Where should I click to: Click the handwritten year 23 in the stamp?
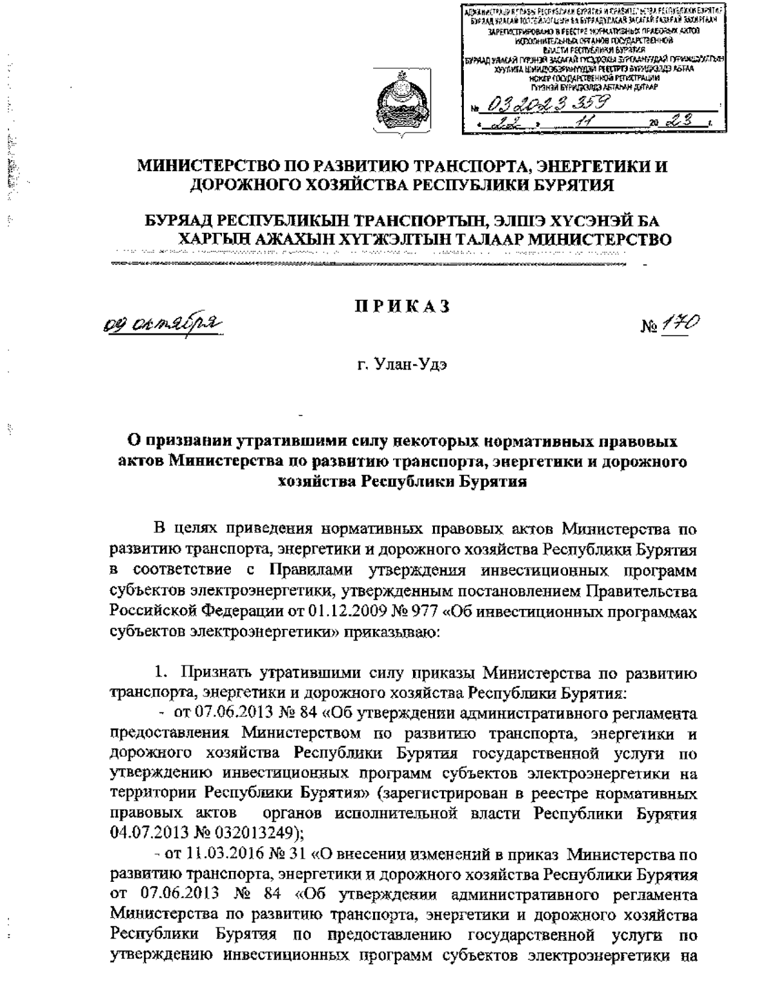689,120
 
